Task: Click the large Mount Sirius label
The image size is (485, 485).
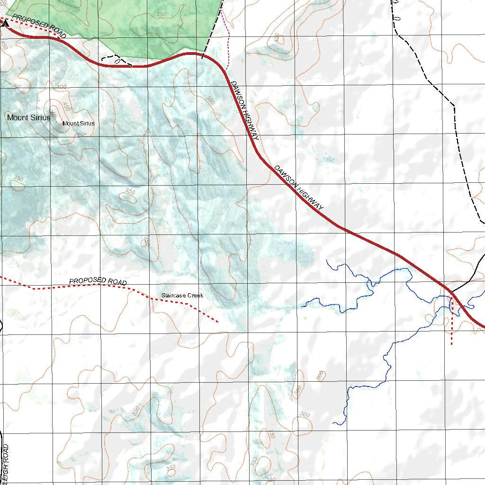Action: [28, 117]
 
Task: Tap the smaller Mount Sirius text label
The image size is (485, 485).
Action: [78, 124]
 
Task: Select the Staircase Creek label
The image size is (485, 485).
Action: [182, 296]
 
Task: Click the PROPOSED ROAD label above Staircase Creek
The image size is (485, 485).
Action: [98, 281]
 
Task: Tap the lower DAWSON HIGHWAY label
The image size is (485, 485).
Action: [299, 188]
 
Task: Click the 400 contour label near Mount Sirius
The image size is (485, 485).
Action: [61, 87]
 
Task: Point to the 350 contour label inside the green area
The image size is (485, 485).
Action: [161, 15]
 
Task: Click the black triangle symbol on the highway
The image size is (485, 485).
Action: [5, 23]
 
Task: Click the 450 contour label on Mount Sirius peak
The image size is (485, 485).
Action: [66, 107]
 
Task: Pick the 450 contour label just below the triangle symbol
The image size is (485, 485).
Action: [4, 45]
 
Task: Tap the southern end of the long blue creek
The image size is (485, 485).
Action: [333, 423]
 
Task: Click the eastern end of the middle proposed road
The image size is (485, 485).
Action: [217, 322]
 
